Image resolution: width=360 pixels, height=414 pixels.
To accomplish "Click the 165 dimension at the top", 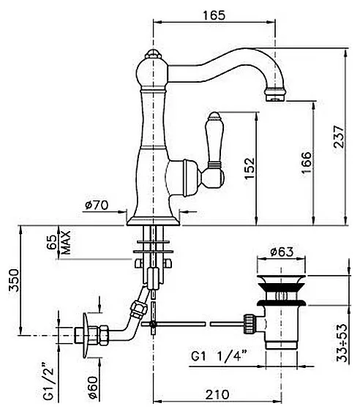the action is (214, 15).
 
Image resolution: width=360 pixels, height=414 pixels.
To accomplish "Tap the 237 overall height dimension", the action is (339, 137).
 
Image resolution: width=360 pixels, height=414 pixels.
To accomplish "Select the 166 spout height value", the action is (306, 162).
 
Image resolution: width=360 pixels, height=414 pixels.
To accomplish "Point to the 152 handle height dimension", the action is (250, 168).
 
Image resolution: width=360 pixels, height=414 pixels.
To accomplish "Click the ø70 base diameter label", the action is (97, 205).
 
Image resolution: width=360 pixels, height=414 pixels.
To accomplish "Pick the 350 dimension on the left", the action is (14, 280).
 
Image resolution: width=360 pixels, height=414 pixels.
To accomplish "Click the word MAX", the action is (66, 243).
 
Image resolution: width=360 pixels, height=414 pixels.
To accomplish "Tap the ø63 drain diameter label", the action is (282, 252).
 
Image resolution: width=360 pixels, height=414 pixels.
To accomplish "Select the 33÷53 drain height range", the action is (341, 343).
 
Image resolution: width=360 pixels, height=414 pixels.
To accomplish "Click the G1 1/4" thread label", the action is (219, 357).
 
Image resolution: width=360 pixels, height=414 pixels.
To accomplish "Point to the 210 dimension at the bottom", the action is (217, 395).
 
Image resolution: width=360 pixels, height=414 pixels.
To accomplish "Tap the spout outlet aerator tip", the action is (275, 96).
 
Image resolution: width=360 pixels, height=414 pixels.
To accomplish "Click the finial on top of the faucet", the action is (154, 54).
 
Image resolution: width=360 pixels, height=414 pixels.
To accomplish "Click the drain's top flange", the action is (281, 279).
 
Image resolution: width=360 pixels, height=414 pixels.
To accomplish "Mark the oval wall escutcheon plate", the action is (85, 335).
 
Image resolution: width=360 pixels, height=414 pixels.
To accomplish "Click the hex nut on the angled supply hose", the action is (139, 309).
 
